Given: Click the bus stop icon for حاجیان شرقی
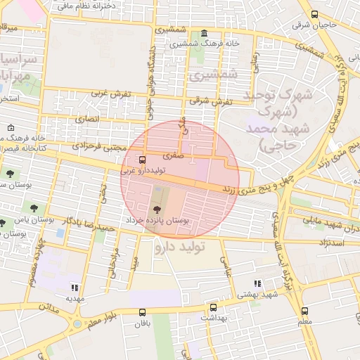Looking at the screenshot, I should click(x=314, y=15).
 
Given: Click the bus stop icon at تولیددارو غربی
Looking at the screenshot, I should click(x=143, y=159).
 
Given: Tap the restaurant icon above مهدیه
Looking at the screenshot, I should click(x=75, y=287).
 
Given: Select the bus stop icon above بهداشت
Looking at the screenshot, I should click(x=213, y=307).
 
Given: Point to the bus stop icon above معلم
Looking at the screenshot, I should click(x=304, y=311).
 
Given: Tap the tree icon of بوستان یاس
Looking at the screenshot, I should click(x=33, y=207).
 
